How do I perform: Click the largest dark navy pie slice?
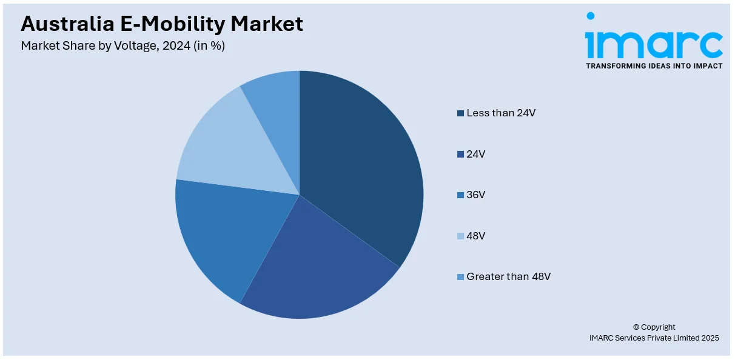click(x=358, y=170)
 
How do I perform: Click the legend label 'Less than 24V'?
click(x=501, y=113)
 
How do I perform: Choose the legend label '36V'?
click(x=476, y=195)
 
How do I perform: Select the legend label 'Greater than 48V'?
click(x=508, y=276)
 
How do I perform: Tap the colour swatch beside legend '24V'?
click(x=461, y=154)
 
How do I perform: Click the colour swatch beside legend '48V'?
click(x=461, y=236)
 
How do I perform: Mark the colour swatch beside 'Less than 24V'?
click(x=461, y=113)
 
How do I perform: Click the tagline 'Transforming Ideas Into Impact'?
click(x=654, y=65)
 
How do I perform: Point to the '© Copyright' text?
click(x=654, y=327)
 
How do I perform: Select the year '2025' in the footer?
click(x=708, y=338)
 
